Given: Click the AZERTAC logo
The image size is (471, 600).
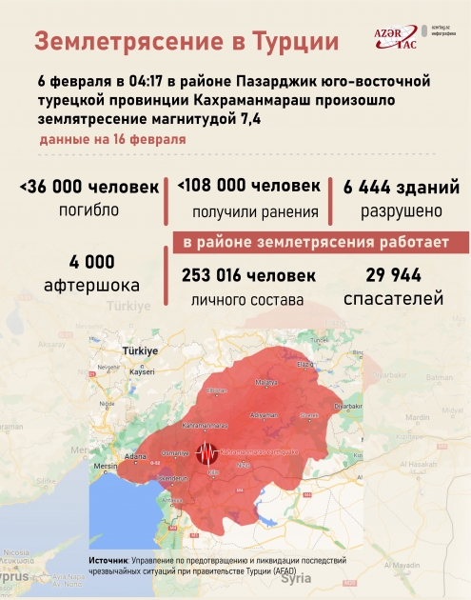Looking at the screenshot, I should pyautogui.click(x=395, y=38).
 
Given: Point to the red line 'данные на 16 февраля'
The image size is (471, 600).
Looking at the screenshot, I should pyautogui.click(x=111, y=140).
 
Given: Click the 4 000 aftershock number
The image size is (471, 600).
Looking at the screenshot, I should pyautogui.click(x=91, y=261).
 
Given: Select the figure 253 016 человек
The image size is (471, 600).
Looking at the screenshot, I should pyautogui.click(x=247, y=276).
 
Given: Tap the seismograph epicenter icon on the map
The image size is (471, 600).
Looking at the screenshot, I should pyautogui.click(x=206, y=454).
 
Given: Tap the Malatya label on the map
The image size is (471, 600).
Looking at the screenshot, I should pyautogui.click(x=265, y=383).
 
